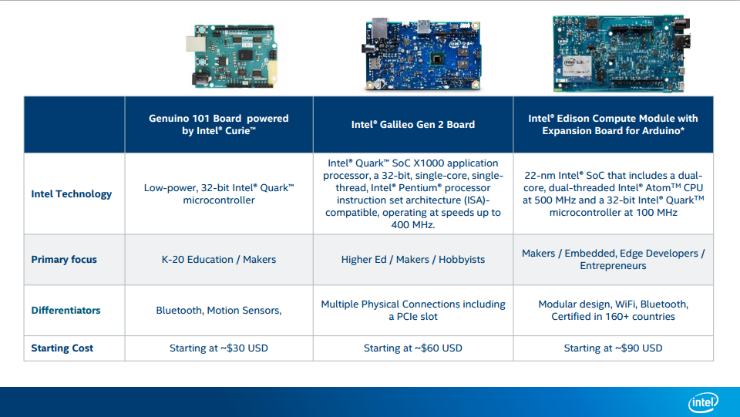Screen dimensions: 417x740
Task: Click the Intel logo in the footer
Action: [703, 402]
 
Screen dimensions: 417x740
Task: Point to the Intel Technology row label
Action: [71, 194]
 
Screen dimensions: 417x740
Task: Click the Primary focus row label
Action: [64, 260]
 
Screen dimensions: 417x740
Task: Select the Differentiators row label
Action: [66, 311]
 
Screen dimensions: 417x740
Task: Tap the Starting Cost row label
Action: [62, 348]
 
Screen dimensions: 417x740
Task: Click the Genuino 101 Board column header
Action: [219, 125]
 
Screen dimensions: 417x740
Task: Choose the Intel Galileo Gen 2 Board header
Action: [413, 125]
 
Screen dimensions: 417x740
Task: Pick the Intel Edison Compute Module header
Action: [613, 125]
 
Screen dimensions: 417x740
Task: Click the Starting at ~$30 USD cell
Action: [219, 348]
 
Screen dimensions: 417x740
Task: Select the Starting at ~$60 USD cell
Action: [413, 348]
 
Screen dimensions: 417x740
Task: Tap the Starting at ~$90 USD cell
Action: [613, 348]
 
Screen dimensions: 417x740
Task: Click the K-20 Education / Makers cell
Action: [219, 260]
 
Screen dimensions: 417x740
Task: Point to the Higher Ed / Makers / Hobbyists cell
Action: [413, 260]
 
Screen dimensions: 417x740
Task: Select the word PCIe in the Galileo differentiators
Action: [403, 317]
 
